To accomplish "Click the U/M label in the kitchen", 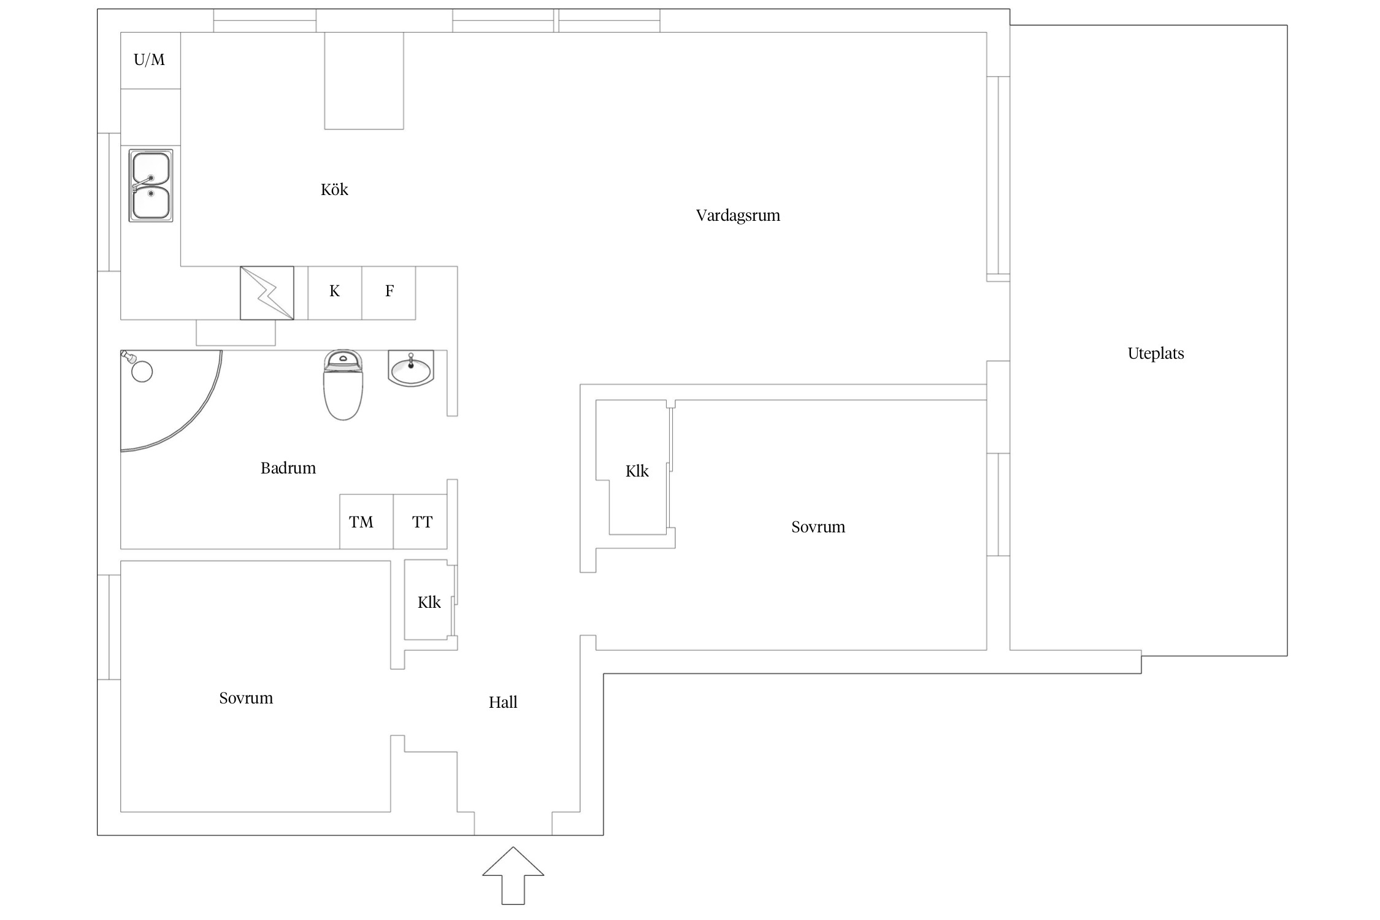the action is (149, 59).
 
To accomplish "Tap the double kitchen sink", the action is (151, 185).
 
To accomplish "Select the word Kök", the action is (334, 190).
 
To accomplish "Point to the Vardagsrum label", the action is (738, 216).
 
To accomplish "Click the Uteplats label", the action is (1156, 354).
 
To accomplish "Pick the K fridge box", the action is (334, 293).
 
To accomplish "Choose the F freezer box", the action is (389, 293).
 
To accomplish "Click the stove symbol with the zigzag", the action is (267, 293).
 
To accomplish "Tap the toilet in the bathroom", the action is (343, 385).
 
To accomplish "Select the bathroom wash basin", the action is (411, 368).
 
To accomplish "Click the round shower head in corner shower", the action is (142, 372).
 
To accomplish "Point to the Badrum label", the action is (288, 469).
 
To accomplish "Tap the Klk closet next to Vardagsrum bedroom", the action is (637, 471).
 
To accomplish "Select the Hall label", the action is (503, 702).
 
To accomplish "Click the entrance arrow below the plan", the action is (513, 876).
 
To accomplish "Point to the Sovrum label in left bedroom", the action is (246, 698).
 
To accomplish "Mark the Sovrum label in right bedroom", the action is (818, 527).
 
